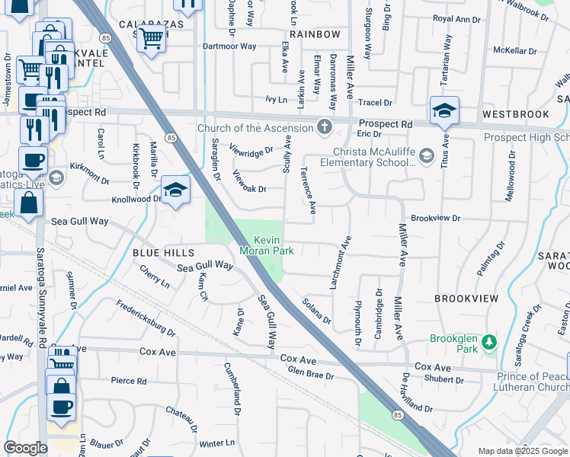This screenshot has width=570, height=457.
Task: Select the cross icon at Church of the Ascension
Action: pyautogui.click(x=325, y=126)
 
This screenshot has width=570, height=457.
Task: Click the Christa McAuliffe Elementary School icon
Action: pyautogui.click(x=426, y=156)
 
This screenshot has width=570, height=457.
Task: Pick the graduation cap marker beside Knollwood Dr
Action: pyautogui.click(x=175, y=190)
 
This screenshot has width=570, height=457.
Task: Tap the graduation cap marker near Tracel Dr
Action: pyautogui.click(x=444, y=111)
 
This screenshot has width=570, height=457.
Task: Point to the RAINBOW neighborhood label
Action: pyautogui.click(x=314, y=34)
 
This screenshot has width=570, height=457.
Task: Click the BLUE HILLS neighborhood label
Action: pyautogui.click(x=163, y=252)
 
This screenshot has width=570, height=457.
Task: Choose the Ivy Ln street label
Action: pyautogui.click(x=276, y=99)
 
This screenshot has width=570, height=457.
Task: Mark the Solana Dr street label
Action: pyautogui.click(x=316, y=311)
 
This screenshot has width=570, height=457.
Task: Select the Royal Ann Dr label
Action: pyautogui.click(x=457, y=18)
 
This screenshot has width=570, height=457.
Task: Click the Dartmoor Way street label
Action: pyautogui.click(x=229, y=46)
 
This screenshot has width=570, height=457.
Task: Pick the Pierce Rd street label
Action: pyautogui.click(x=128, y=381)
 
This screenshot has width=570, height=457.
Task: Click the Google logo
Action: pyautogui.click(x=26, y=448)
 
